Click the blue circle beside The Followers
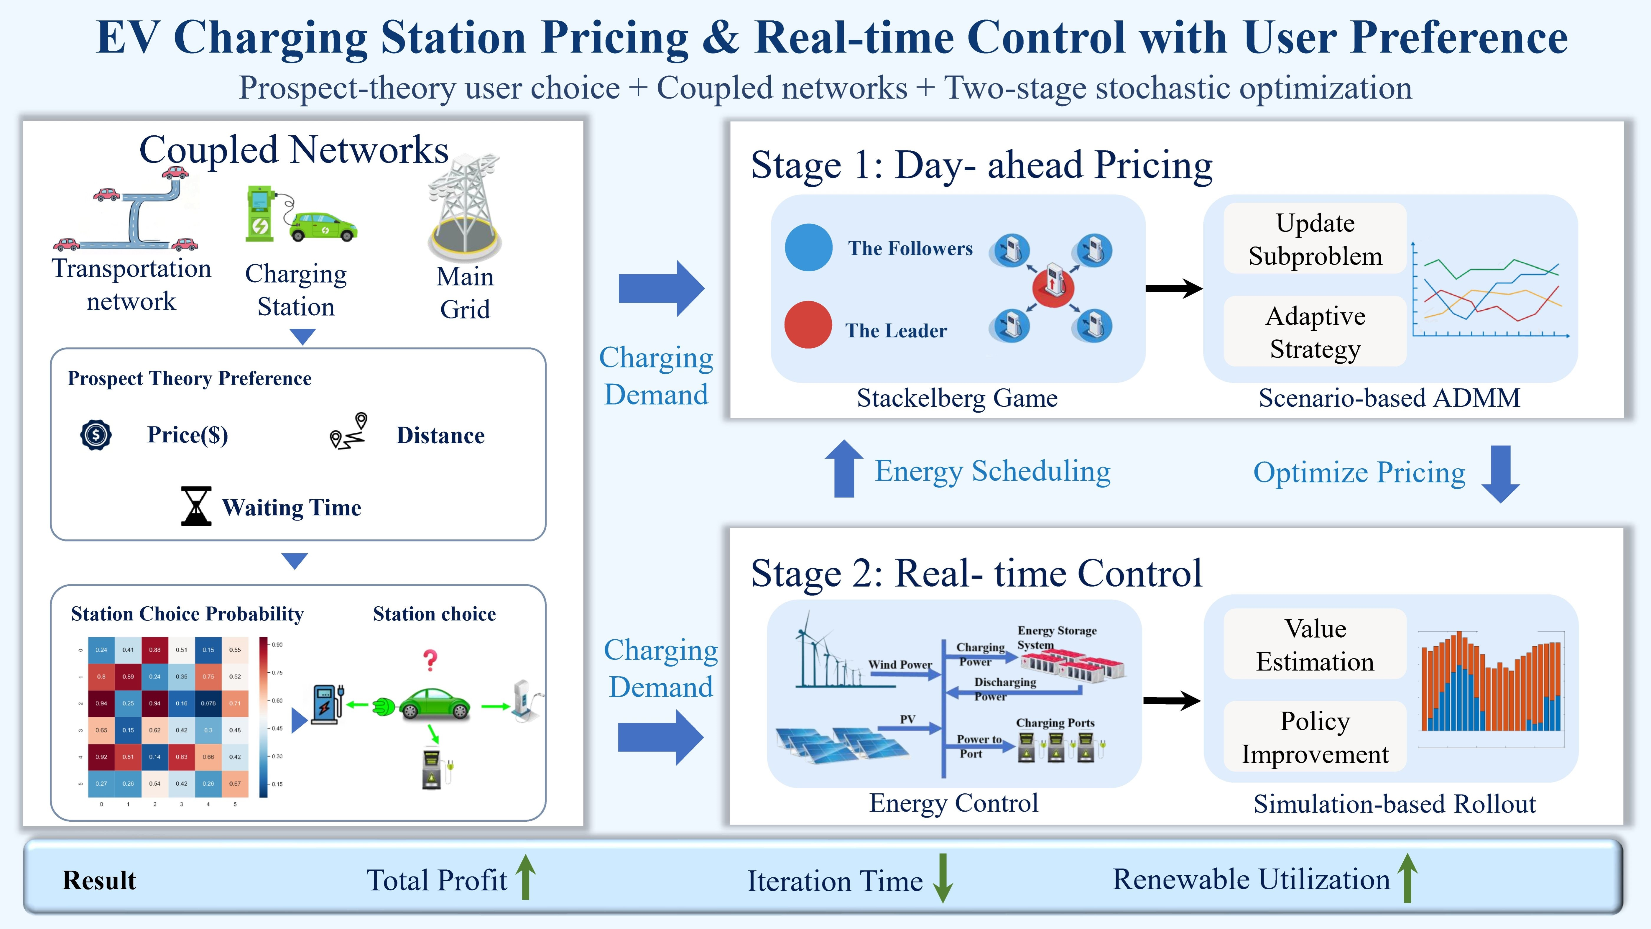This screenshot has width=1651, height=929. tap(808, 247)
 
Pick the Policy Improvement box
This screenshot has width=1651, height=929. tap(1315, 737)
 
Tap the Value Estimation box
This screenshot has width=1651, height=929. tap(1315, 644)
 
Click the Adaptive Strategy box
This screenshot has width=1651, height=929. tap(1315, 332)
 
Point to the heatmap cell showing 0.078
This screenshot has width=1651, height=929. tap(208, 703)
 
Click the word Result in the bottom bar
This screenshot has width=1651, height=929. tap(99, 880)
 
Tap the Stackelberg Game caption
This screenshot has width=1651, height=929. tap(957, 398)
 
